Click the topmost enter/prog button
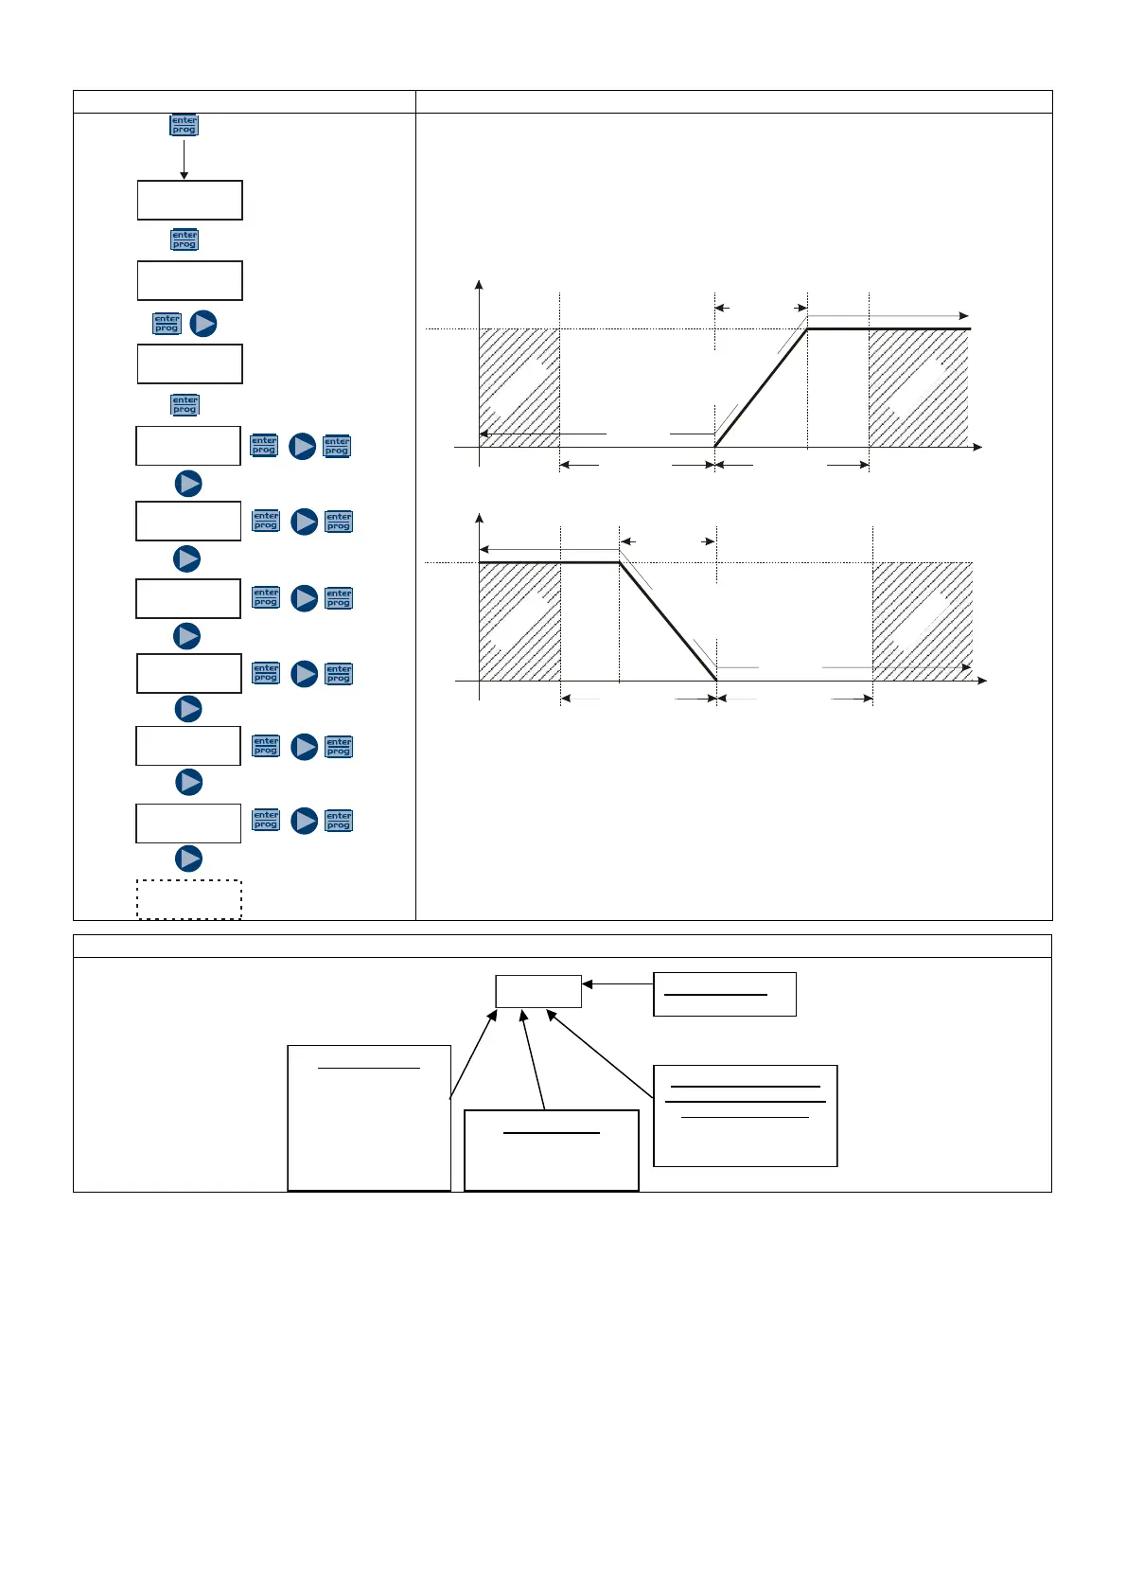tap(184, 125)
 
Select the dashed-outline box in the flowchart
tap(189, 899)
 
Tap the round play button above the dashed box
tap(189, 859)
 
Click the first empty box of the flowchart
tap(189, 200)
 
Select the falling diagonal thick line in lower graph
tap(668, 622)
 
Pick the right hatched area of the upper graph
tap(918, 388)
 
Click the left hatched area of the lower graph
tap(519, 620)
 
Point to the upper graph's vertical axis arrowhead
tap(480, 285)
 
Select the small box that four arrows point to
tap(538, 991)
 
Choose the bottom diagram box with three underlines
tap(745, 1115)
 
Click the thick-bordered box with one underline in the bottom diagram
tap(551, 1150)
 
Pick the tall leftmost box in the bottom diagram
tap(369, 1118)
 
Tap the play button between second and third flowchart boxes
tap(203, 324)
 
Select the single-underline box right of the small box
tap(724, 994)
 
